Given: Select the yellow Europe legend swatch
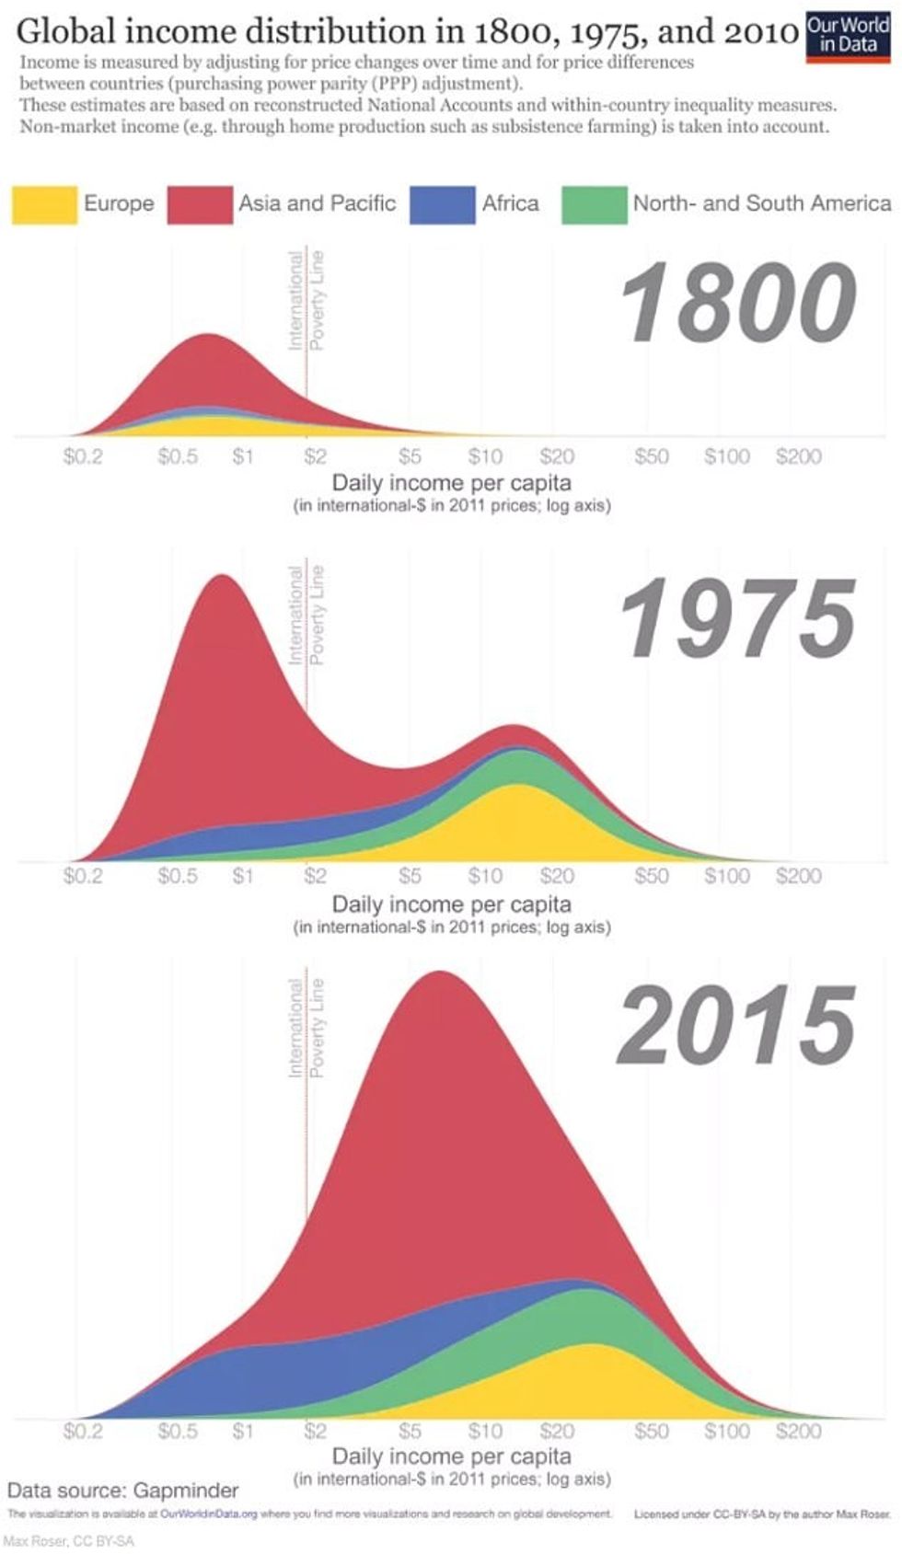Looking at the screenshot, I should [x=44, y=204].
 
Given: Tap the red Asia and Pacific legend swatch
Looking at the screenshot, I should [x=199, y=204].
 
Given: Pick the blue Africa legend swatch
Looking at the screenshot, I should [x=442, y=204].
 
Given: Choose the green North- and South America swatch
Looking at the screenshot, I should [x=594, y=204].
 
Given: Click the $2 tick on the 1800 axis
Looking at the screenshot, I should [x=315, y=456].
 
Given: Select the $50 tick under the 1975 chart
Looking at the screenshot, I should [x=652, y=876].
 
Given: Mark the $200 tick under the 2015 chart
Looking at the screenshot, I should [x=798, y=1432].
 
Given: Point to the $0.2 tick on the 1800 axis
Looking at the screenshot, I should [x=83, y=456].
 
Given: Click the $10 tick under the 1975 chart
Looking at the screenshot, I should [x=485, y=876].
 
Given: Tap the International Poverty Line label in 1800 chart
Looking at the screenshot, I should [x=306, y=301].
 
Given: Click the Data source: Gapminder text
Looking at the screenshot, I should [x=122, y=1491].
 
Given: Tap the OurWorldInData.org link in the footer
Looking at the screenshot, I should [x=208, y=1514].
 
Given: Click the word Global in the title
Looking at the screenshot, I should [x=64, y=31].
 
